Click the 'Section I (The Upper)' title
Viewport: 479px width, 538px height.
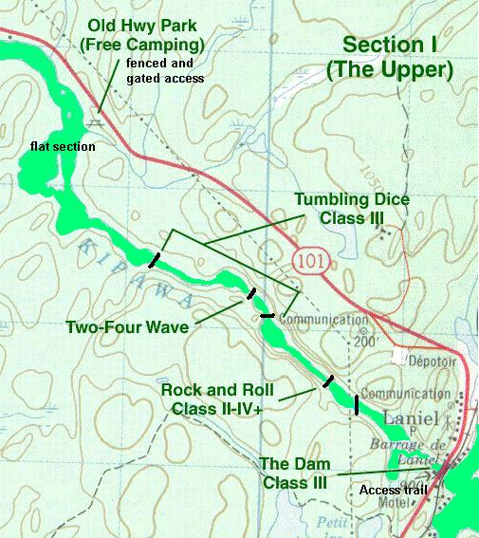pos(398,58)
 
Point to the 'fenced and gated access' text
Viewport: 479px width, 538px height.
pos(164,70)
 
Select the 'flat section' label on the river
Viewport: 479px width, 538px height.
pos(62,148)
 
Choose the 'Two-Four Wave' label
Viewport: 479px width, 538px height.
pos(126,327)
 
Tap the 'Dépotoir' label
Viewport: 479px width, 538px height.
pos(407,361)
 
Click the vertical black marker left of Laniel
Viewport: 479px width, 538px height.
pos(357,404)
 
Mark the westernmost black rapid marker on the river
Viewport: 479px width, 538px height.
pos(155,258)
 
